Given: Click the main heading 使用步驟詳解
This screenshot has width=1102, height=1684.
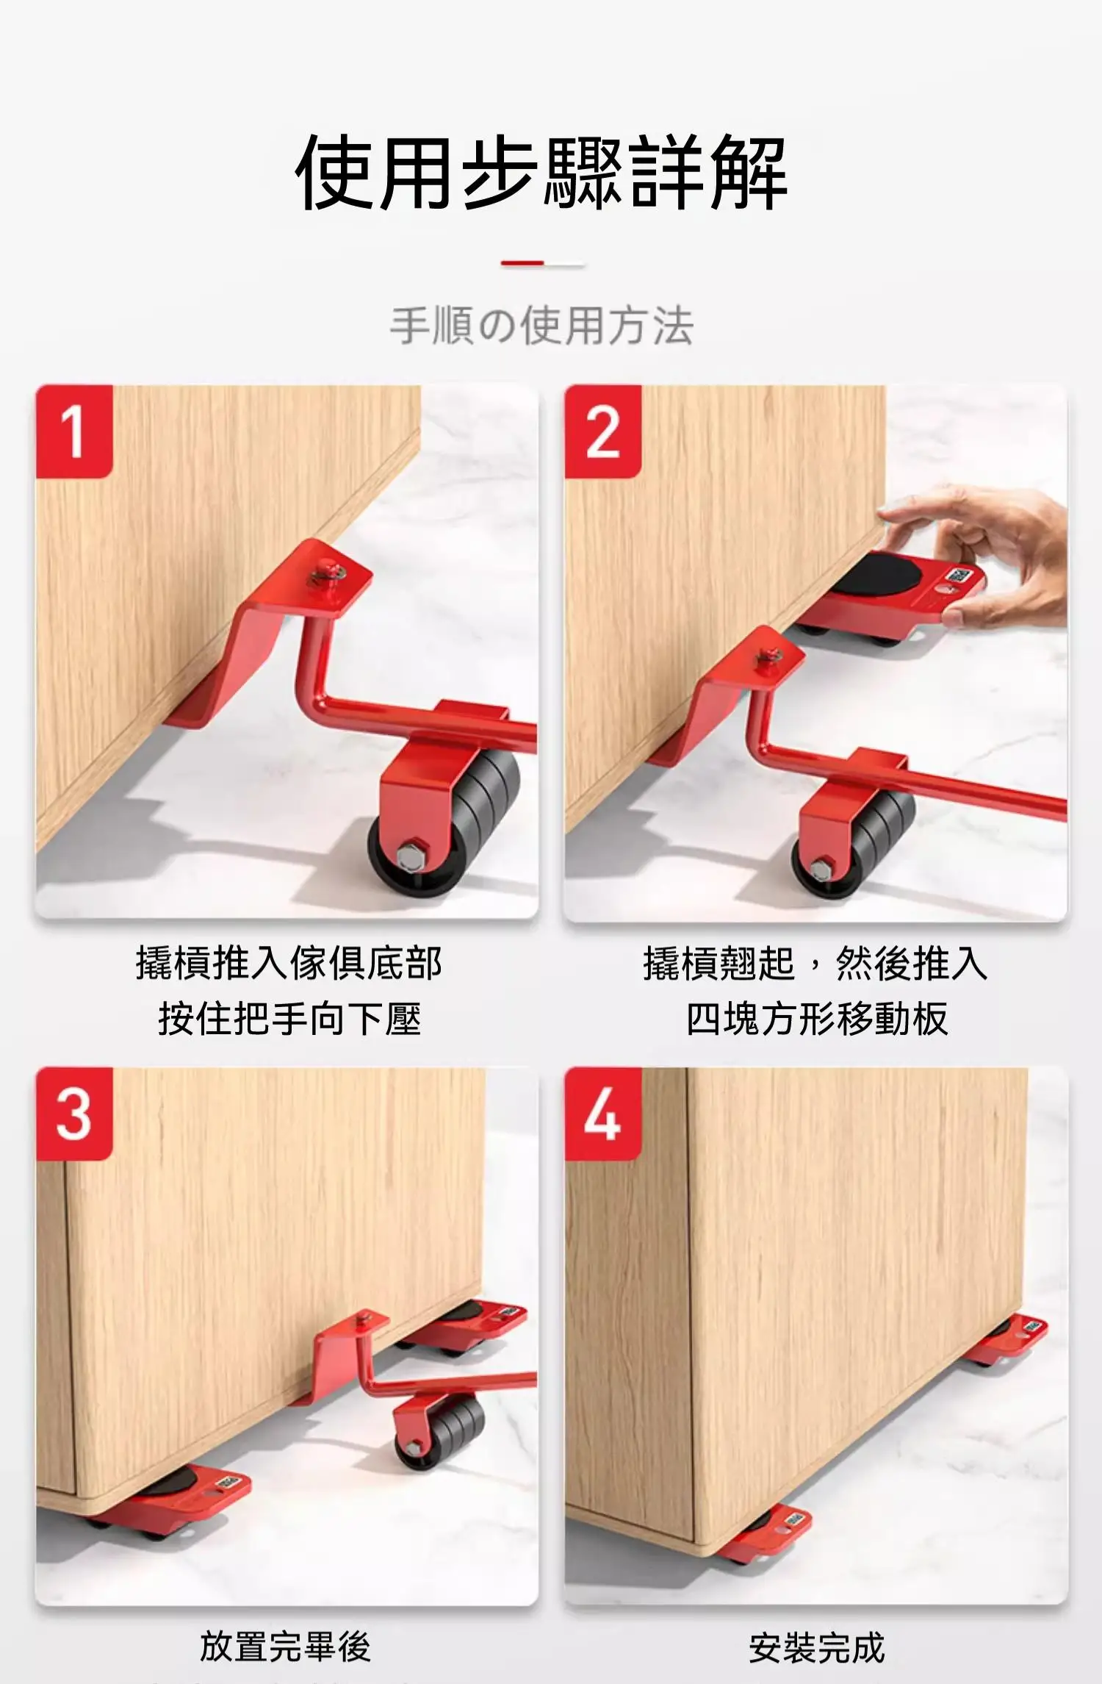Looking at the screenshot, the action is click(542, 173).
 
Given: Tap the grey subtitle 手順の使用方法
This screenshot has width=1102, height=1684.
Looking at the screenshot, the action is click(542, 326).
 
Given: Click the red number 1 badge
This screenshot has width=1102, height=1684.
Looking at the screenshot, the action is click(74, 431).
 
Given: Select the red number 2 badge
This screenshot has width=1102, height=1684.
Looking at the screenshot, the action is click(603, 431).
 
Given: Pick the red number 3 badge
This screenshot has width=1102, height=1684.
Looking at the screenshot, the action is click(74, 1114).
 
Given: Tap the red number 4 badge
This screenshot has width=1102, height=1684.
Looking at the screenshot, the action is click(603, 1114).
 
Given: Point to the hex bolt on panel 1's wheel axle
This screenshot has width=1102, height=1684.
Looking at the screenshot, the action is click(408, 855).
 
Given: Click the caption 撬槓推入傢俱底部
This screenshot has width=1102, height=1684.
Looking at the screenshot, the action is click(289, 963).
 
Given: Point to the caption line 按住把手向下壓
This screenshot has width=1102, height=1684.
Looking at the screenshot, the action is click(289, 1019).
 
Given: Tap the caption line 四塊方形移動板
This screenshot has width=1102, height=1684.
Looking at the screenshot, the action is click(817, 1019).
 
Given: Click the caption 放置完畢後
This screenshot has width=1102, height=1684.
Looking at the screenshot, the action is click(285, 1646).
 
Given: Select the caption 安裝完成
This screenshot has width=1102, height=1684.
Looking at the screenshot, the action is click(817, 1646).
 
